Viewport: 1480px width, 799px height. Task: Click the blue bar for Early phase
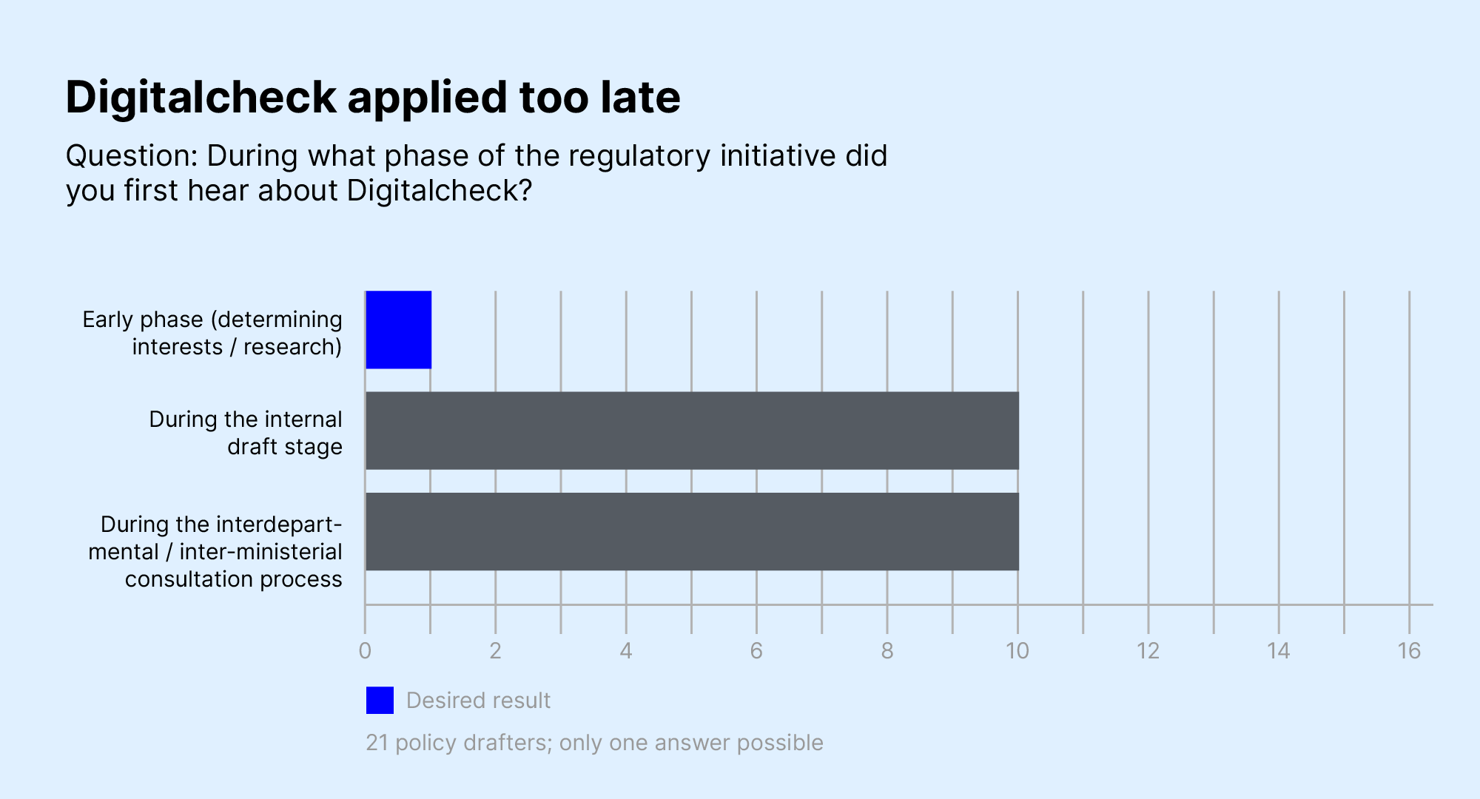tap(398, 330)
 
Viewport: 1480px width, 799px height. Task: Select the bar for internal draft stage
tap(692, 431)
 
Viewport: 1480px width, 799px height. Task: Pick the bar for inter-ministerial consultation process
tap(692, 531)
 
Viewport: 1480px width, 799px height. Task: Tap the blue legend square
tap(380, 700)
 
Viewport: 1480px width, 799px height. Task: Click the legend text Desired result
tap(478, 700)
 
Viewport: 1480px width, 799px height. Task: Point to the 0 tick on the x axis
tap(365, 651)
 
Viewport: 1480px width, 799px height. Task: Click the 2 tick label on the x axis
tap(495, 651)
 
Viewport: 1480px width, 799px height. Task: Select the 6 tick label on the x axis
tap(756, 651)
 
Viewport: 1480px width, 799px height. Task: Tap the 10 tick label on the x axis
tap(1017, 651)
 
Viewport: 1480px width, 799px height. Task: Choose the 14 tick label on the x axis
tap(1279, 651)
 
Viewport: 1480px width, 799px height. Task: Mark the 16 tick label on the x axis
tap(1409, 651)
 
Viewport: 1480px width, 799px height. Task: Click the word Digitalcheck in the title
tap(201, 98)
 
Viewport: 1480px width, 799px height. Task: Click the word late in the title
tap(640, 98)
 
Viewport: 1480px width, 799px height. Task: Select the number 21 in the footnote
tap(377, 742)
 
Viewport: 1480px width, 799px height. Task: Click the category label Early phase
tap(142, 320)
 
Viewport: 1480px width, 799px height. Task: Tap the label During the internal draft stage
tap(246, 433)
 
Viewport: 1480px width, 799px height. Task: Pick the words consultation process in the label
tap(233, 579)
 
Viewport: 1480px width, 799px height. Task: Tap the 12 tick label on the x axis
tap(1148, 651)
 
